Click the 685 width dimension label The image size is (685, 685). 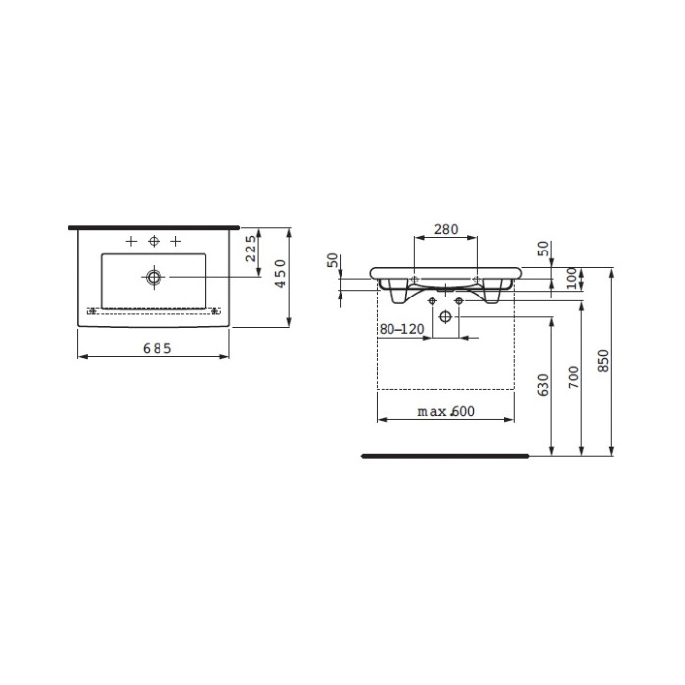pos(158,348)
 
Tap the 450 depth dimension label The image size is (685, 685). pos(281,273)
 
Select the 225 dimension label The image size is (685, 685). pos(251,249)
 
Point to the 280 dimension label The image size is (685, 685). pos(446,229)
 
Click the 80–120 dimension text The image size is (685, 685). pos(401,329)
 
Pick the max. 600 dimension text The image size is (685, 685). pos(445,411)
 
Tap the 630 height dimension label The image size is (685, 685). pos(543,385)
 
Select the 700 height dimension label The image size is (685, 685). pos(573,377)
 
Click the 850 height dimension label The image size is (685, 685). pos(603,361)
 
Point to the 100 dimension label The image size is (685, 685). pos(571,278)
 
